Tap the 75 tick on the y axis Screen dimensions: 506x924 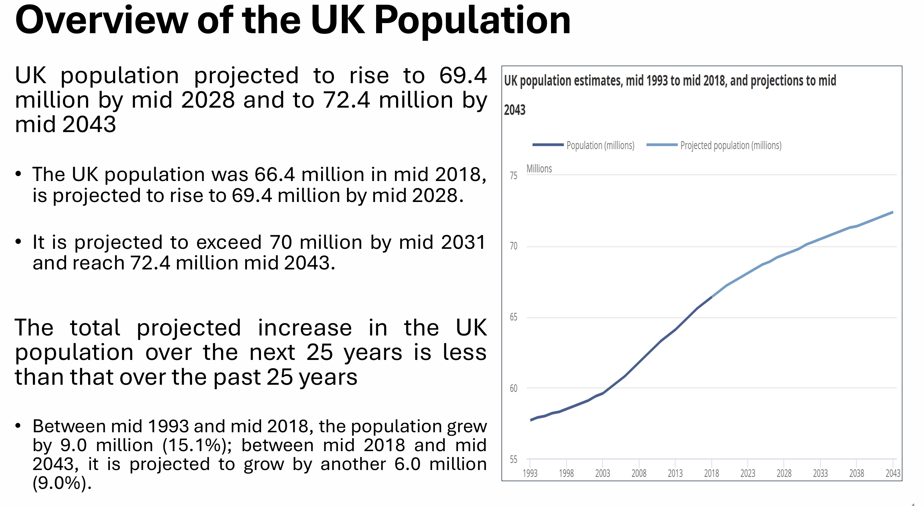[513, 175]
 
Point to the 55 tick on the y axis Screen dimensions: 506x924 [513, 460]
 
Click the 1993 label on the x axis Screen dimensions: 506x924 [530, 474]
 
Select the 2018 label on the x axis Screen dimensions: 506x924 [711, 474]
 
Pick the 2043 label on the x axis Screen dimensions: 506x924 [893, 474]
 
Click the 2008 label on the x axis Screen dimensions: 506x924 [639, 474]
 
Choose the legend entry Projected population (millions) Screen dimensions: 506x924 [731, 145]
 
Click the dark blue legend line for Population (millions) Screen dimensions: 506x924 [548, 145]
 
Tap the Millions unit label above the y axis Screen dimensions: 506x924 [539, 169]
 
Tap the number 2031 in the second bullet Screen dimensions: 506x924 [463, 242]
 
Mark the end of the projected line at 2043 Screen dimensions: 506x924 [893, 212]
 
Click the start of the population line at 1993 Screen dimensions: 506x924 [531, 420]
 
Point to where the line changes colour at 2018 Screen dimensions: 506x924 [711, 297]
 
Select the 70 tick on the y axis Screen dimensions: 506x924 [513, 246]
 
